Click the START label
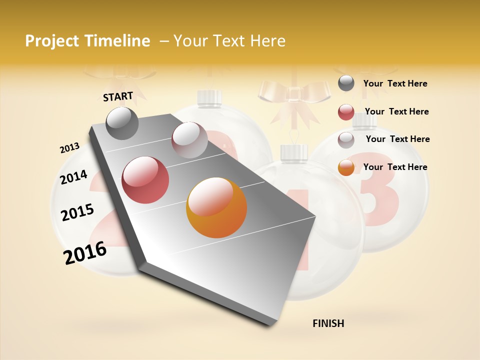coord(118,96)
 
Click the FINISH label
coord(328,323)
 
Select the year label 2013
coord(69,148)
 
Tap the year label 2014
coord(73,177)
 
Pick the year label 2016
coord(85,253)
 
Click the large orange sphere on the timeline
coord(216,207)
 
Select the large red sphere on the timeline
coord(145,180)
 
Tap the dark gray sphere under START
coord(122,123)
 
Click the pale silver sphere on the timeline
coord(189,139)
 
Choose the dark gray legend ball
coord(346,83)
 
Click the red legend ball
coord(346,112)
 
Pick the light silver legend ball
coord(346,140)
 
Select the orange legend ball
coord(346,167)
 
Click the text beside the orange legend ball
coord(395,167)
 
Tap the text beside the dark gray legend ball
coord(395,83)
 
